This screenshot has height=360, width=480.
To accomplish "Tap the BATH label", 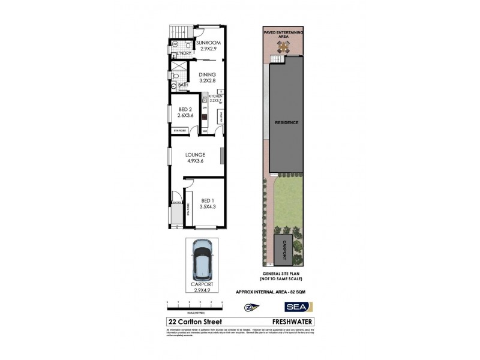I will point(183,85).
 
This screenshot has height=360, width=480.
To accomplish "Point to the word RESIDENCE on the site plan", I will point(286,122).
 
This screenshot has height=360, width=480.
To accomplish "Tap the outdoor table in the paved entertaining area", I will point(282,47).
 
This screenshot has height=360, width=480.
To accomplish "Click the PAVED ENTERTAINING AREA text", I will point(286,32).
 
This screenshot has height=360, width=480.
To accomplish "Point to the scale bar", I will point(195,302).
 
